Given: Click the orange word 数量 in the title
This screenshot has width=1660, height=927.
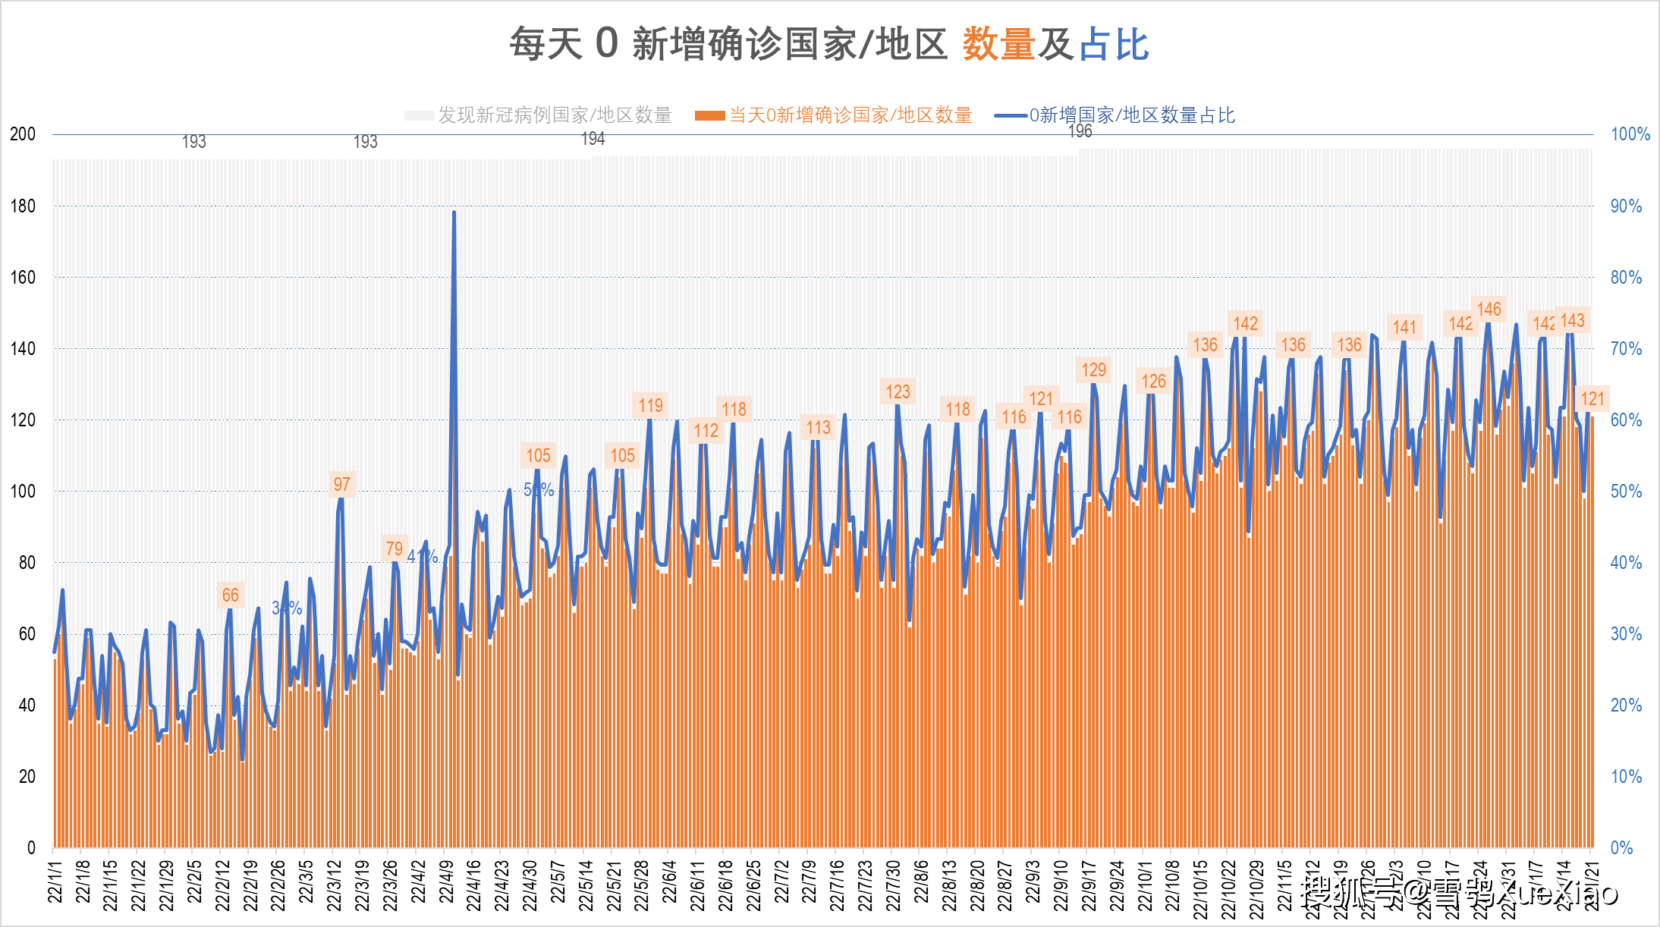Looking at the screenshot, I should pos(998,44).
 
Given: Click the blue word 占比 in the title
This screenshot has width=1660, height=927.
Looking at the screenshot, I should pos(1114,44).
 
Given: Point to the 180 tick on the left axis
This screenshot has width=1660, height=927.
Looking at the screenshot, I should pos(23,206).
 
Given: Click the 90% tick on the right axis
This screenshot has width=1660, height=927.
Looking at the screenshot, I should pos(1626,206).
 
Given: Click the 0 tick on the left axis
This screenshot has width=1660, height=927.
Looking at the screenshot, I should pos(31,847).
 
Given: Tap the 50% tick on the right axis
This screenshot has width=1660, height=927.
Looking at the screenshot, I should pos(1626,492).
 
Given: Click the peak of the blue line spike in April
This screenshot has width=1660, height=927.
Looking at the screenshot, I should pos(454,213).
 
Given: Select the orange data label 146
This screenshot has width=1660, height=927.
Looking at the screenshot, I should pos(1489,310).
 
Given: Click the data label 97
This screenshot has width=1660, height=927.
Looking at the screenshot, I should pos(341,484).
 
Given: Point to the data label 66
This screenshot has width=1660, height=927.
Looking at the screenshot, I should pos(230,595).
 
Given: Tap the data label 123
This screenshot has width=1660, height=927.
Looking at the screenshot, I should pos(898,392).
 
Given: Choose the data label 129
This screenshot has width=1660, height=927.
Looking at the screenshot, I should pos(1093,370).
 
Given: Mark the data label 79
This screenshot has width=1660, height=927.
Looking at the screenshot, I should pos(394,548).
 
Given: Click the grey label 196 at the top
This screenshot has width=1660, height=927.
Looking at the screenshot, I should pos(1080,132).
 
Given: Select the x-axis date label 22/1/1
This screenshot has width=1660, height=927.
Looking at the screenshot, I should pos(55,882).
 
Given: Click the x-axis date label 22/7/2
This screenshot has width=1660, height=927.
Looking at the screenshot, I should pos(781,882).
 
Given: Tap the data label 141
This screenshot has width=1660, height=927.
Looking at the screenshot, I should pos(1404,328).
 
